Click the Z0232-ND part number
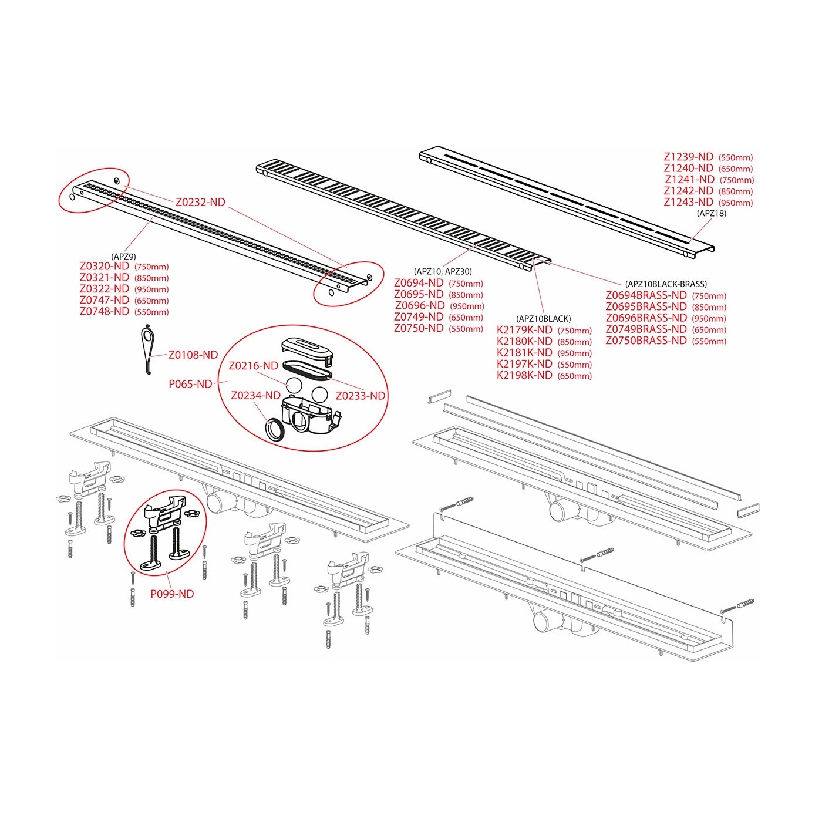tap(200, 202)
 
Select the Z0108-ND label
tap(193, 355)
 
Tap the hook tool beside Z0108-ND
tap(147, 350)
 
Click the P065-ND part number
tap(190, 384)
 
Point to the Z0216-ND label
tap(254, 366)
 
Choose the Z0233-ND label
tap(361, 396)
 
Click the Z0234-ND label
tap(256, 395)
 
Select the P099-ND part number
tap(172, 594)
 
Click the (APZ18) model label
tap(711, 213)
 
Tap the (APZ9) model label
tap(123, 257)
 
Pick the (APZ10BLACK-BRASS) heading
tap(666, 284)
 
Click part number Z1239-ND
tap(689, 157)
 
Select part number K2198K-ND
tap(524, 375)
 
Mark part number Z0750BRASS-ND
tap(646, 341)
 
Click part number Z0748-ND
tap(104, 311)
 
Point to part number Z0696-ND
tap(420, 305)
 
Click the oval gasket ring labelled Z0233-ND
tap(307, 369)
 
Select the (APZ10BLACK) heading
tap(543, 318)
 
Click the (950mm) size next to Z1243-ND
tap(736, 203)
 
